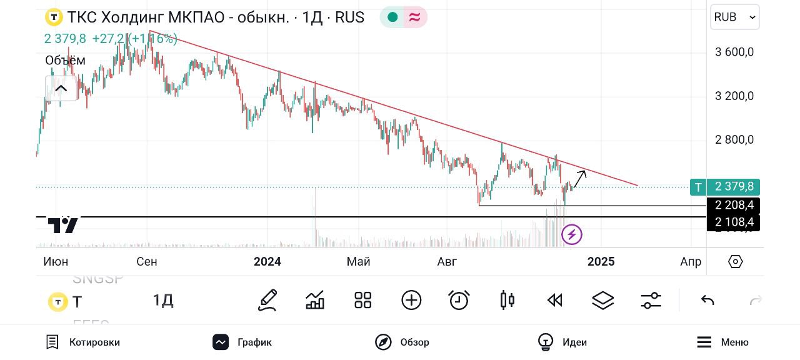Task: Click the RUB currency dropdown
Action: tap(734, 17)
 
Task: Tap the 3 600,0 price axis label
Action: tap(734, 52)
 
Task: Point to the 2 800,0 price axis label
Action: tap(734, 139)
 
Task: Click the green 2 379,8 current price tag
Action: tap(734, 186)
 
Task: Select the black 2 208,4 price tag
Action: tap(734, 205)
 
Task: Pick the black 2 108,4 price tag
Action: tap(734, 222)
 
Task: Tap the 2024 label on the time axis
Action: tap(267, 261)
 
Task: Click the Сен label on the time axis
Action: tap(147, 261)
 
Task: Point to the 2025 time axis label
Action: tap(601, 261)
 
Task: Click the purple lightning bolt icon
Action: tap(572, 235)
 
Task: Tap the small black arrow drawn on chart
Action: tap(580, 179)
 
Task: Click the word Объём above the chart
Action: tap(65, 61)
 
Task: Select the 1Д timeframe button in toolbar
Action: tap(163, 301)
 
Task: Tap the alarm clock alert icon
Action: tap(459, 301)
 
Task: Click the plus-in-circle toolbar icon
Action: tap(411, 301)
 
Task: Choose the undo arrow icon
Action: tap(707, 301)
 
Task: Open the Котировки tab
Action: tap(83, 342)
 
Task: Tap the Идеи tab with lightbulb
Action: tap(562, 342)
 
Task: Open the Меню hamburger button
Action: tap(722, 342)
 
